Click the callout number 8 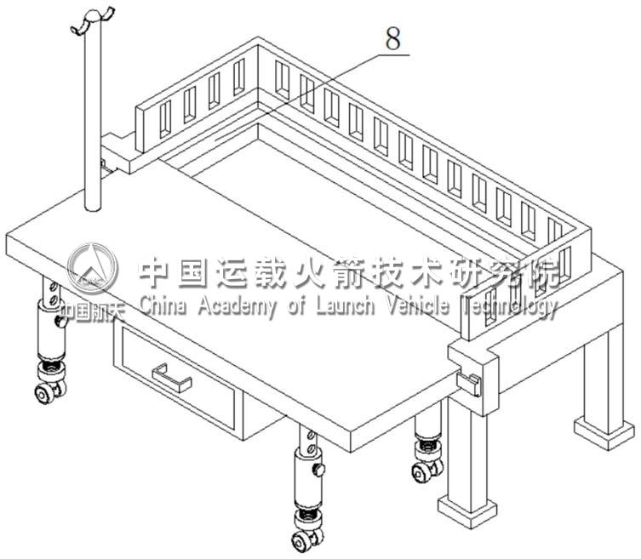(x=392, y=37)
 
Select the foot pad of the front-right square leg (x=467, y=506)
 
